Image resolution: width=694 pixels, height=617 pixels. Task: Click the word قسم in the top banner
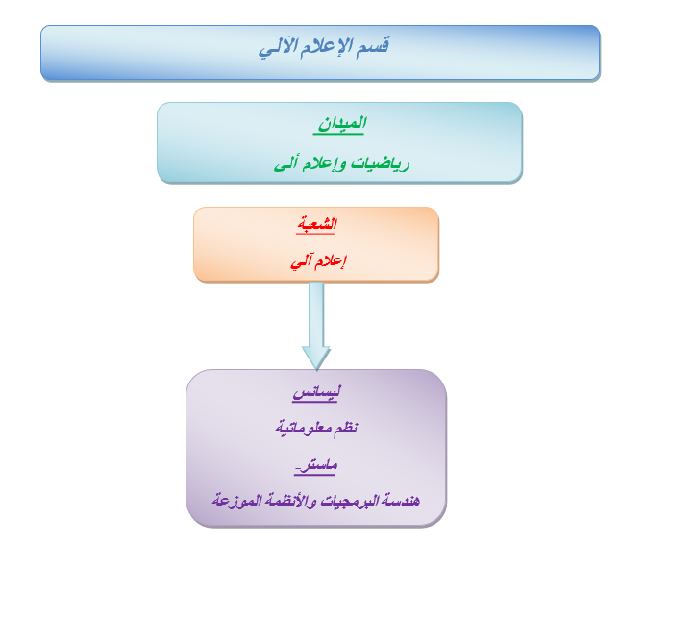372,46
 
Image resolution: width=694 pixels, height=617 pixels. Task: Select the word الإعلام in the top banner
326,46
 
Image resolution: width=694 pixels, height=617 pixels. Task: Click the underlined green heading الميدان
341,124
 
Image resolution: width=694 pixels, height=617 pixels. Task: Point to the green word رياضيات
381,164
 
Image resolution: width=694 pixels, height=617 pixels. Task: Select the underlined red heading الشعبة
317,224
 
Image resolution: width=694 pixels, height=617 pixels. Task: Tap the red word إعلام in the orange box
331,260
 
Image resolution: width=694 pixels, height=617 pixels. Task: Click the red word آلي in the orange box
302,261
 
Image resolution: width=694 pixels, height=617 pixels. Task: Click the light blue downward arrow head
316,358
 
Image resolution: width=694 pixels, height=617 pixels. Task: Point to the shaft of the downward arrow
316,314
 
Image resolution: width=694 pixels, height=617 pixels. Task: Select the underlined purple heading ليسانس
316,393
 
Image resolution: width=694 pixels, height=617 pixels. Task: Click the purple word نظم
346,428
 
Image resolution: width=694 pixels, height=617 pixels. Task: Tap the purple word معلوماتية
304,429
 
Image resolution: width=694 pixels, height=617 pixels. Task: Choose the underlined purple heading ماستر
316,465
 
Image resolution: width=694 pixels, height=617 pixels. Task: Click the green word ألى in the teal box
285,163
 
